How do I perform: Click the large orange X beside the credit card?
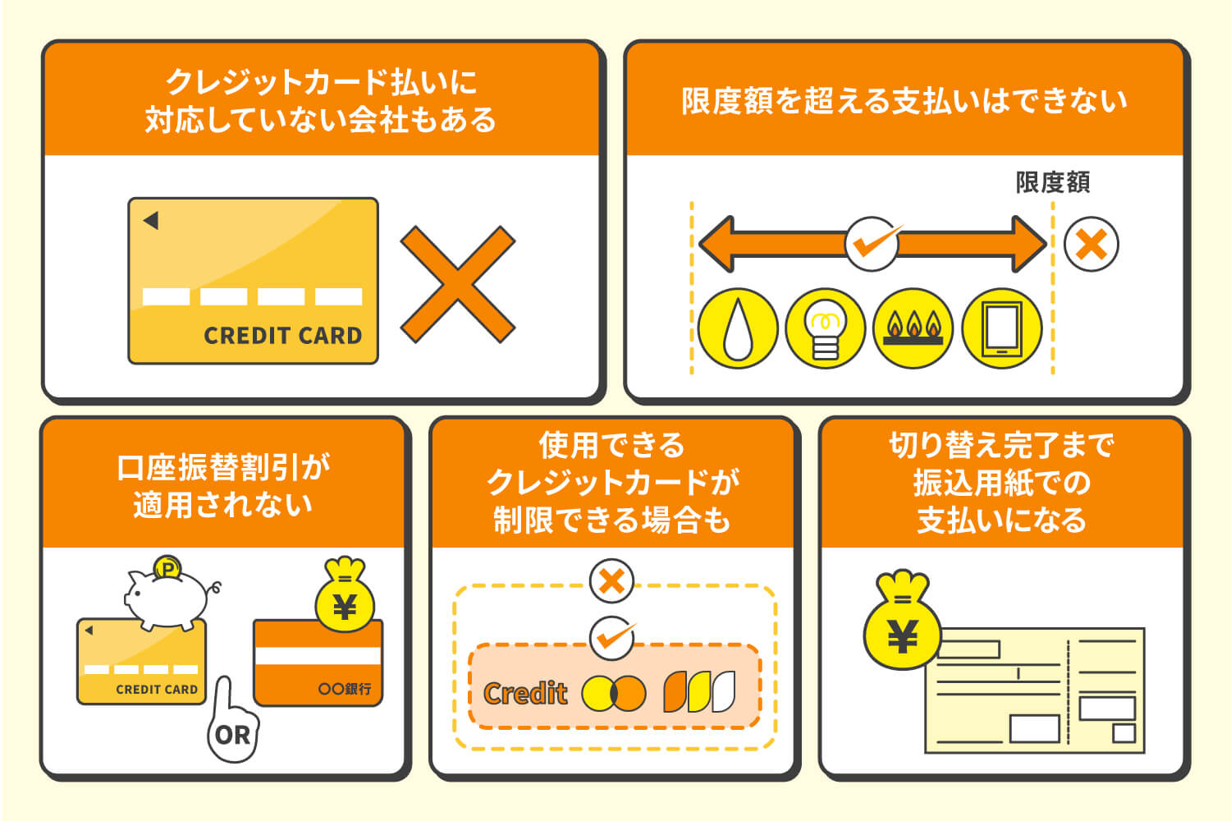(457, 284)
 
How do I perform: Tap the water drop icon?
(738, 328)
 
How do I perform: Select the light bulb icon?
(826, 328)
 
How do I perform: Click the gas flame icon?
(913, 328)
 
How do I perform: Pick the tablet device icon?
(1001, 328)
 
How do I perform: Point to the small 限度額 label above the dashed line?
(1052, 182)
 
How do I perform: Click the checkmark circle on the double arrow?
(872, 244)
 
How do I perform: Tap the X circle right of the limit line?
(1091, 245)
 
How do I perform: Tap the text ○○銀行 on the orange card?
(345, 689)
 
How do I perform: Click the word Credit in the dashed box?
(525, 694)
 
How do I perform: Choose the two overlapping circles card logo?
(613, 693)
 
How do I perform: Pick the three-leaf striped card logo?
(699, 692)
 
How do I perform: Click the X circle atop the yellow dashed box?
(611, 581)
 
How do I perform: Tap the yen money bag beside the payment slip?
(902, 624)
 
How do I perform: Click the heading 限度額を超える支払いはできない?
(904, 101)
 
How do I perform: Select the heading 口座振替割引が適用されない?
(223, 485)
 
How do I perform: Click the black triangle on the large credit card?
(151, 220)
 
